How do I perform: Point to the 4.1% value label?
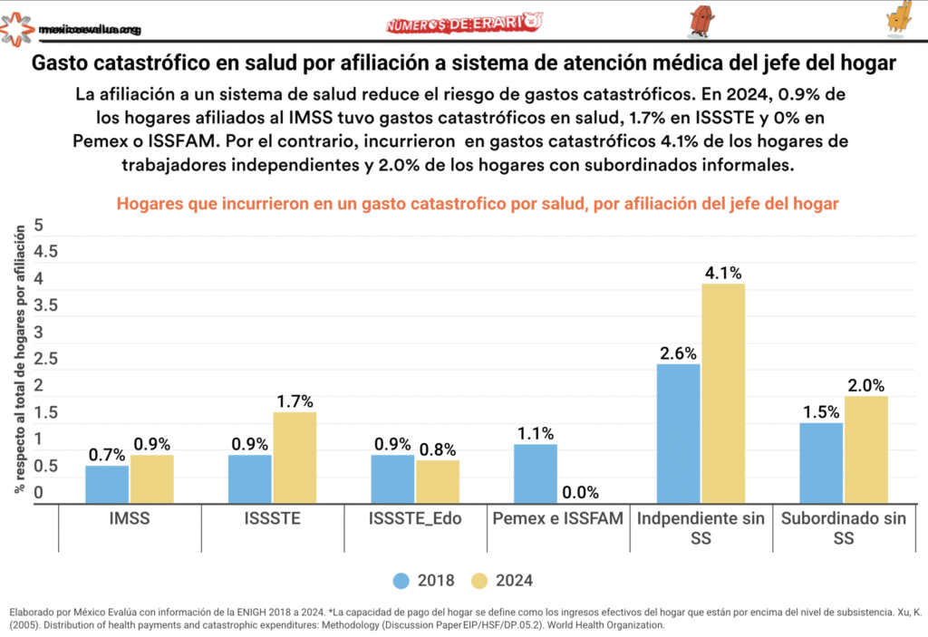[x=723, y=272]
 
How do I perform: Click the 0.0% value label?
[x=580, y=493]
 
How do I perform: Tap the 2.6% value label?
[x=679, y=352]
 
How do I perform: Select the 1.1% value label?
[x=536, y=433]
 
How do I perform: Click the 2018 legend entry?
[x=425, y=580]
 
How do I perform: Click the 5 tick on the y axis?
[x=39, y=225]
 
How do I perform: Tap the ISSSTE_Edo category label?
[x=416, y=519]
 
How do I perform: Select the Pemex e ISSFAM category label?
[x=558, y=519]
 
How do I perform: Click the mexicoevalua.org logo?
[x=72, y=29]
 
